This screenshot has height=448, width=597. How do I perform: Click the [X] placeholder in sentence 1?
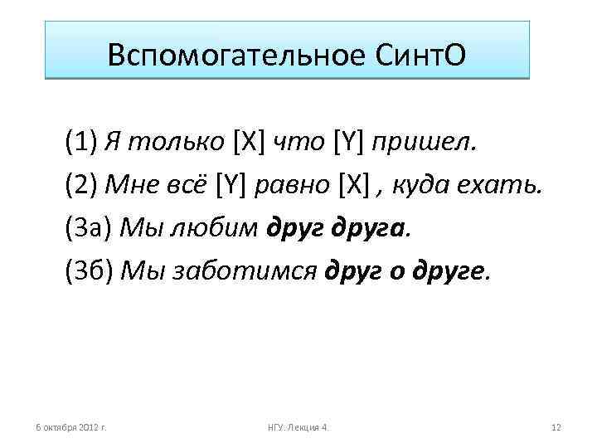point(245,141)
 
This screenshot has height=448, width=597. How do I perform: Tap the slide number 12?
point(556,426)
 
